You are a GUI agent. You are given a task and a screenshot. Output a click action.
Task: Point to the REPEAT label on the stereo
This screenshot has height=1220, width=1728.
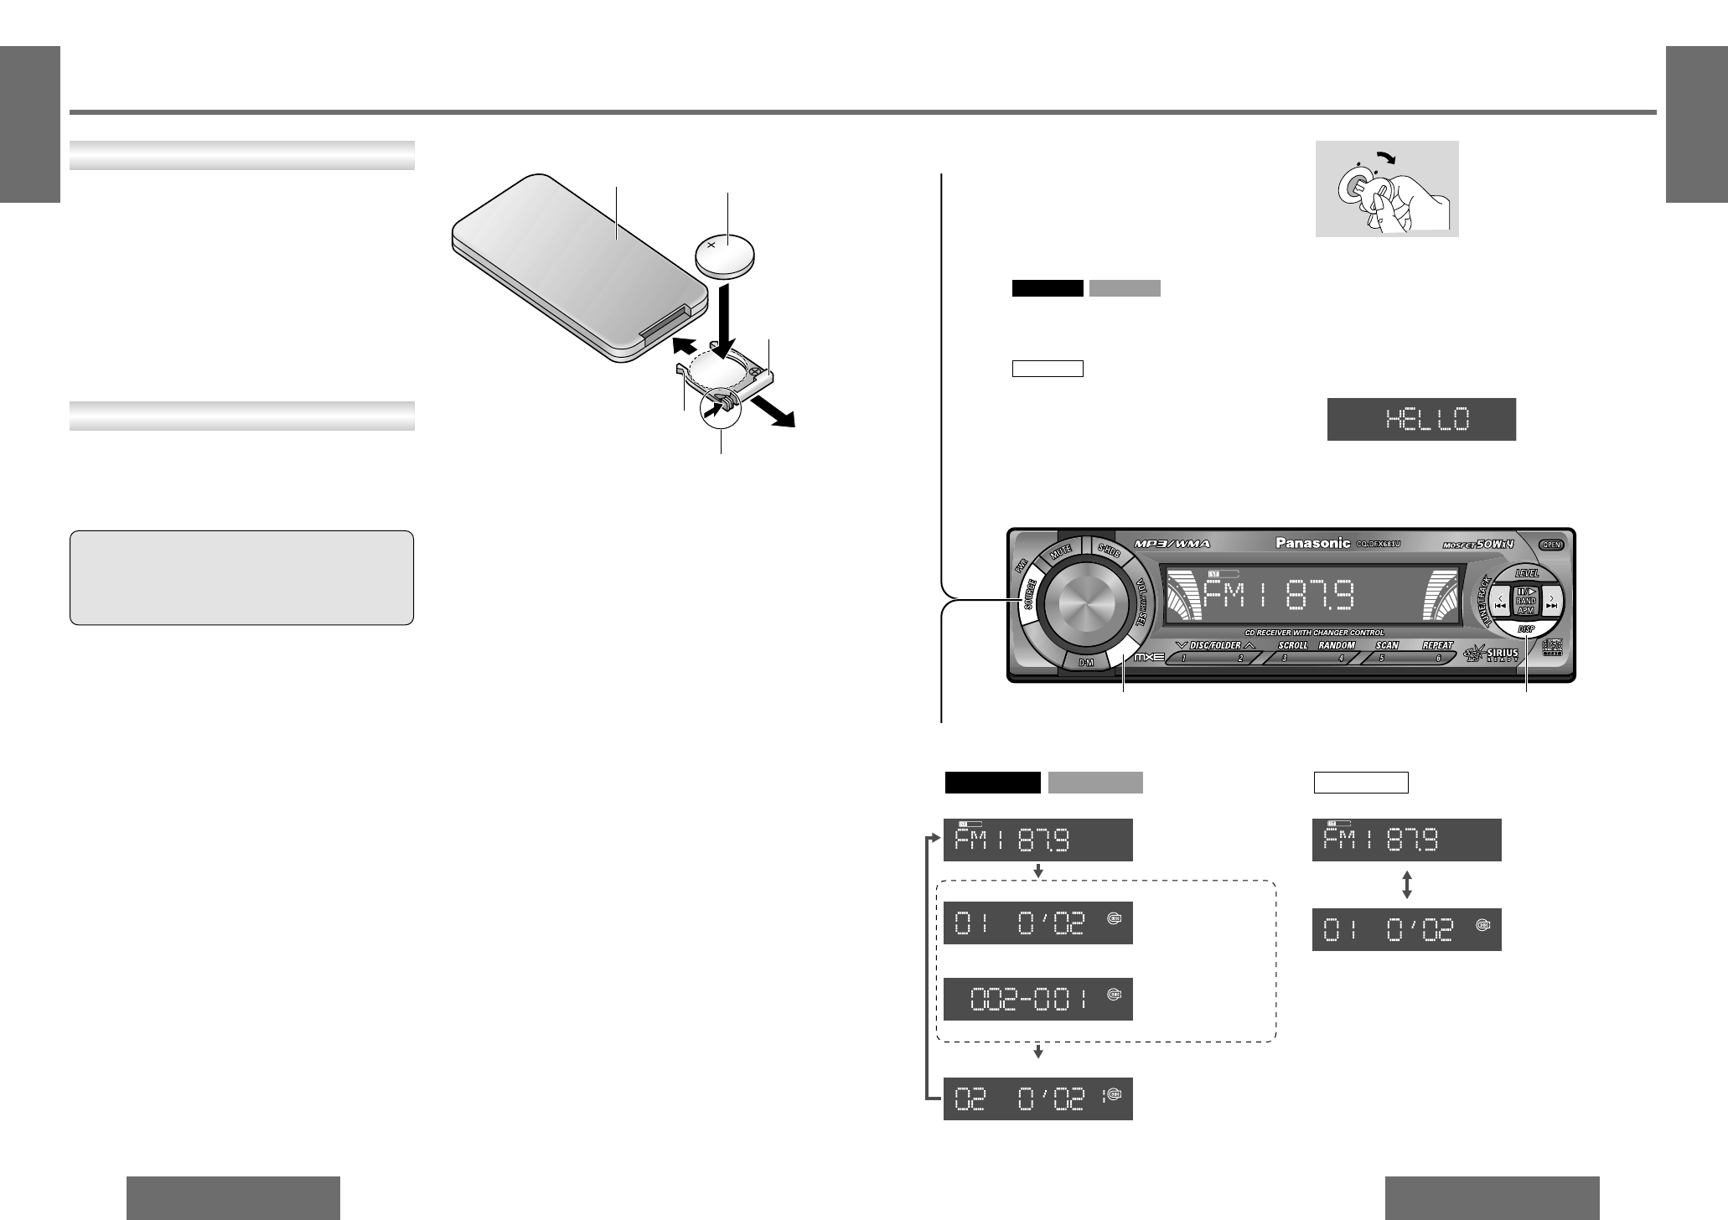click(x=1436, y=646)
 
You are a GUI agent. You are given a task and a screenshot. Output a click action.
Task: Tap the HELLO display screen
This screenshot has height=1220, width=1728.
click(x=1421, y=419)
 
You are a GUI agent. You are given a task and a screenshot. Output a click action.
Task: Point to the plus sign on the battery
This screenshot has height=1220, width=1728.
click(x=711, y=245)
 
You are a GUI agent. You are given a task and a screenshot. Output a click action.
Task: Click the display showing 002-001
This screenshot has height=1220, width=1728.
click(x=1037, y=998)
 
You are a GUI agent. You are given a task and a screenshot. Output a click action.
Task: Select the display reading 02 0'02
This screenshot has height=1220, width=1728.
click(x=1037, y=1099)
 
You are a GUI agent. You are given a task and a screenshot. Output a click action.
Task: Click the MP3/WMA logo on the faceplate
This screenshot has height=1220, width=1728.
click(x=1173, y=544)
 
